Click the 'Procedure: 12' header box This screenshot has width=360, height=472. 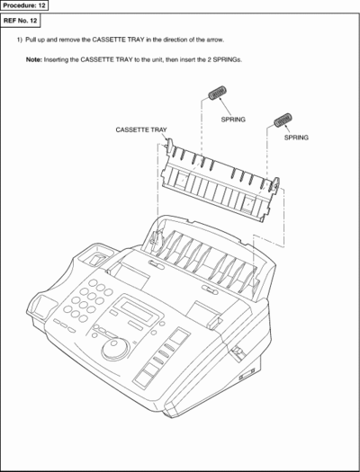tap(24, 5)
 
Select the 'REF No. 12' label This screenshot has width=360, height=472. tap(20, 21)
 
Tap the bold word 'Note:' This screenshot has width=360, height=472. tap(34, 59)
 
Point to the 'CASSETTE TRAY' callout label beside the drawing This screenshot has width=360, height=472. tap(141, 129)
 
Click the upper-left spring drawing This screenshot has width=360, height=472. tap(218, 93)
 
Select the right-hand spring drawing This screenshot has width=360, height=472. tap(283, 120)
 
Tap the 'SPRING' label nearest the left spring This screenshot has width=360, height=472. tap(233, 120)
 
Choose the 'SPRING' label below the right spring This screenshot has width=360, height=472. tap(296, 138)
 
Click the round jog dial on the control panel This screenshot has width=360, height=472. tap(115, 349)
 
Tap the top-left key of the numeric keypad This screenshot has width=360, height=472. tap(93, 282)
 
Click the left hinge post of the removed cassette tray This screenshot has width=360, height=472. tap(169, 145)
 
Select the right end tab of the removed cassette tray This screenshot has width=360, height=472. tap(275, 184)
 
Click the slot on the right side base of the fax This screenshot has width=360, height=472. tap(247, 374)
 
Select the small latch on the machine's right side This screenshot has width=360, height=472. tap(238, 351)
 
